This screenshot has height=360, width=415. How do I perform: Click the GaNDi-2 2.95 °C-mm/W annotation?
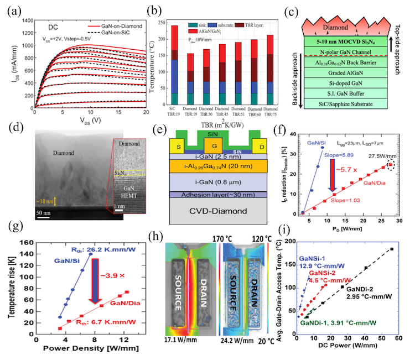pos(371,288)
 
